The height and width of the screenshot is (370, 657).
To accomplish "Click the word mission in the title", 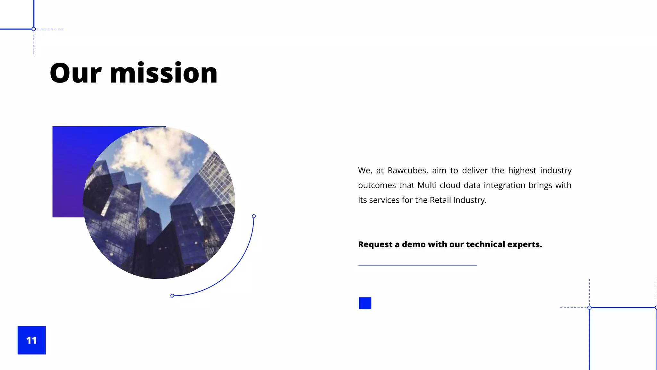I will click(164, 74).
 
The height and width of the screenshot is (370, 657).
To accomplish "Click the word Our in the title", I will click(76, 74).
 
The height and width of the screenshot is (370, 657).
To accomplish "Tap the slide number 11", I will click(31, 340).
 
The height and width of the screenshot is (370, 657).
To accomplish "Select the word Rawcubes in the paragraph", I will click(407, 171).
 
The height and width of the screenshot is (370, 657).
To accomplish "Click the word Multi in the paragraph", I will click(427, 185).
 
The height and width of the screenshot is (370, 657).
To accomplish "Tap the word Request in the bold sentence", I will click(375, 244).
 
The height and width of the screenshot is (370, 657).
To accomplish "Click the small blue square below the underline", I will click(365, 303).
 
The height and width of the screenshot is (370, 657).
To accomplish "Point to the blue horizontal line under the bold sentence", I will click(417, 265).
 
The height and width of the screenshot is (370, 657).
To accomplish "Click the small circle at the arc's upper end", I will click(254, 216).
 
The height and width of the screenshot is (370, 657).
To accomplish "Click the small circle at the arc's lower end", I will click(172, 295).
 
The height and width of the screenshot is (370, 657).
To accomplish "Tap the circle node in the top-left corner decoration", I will click(34, 29).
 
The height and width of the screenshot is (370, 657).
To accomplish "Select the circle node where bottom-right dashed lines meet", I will click(589, 308).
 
